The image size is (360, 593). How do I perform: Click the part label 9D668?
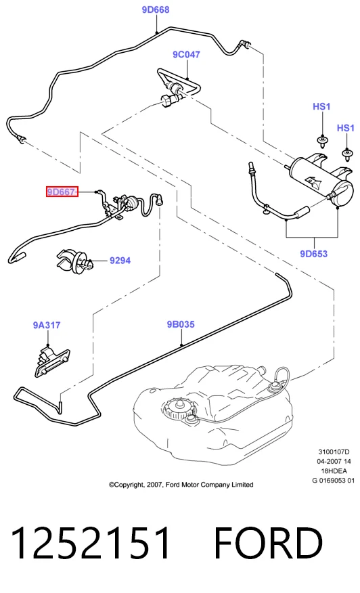point(156,10)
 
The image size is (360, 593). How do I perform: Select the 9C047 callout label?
point(187,54)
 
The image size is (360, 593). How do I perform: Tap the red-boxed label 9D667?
point(62,192)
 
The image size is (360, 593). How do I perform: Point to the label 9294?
point(120,261)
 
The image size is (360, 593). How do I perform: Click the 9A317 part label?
point(47,325)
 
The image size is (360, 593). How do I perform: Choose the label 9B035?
point(181,324)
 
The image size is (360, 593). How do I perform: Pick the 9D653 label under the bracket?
point(313,254)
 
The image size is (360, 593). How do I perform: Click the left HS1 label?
point(321,107)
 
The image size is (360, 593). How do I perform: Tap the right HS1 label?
point(346,128)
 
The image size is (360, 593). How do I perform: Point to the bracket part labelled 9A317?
point(51,362)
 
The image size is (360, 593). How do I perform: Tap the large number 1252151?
point(91,544)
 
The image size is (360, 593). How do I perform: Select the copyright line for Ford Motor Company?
point(181,485)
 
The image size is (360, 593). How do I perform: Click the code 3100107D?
point(334,452)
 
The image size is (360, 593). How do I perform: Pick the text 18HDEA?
point(334,471)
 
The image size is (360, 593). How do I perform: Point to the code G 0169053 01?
point(333,481)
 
